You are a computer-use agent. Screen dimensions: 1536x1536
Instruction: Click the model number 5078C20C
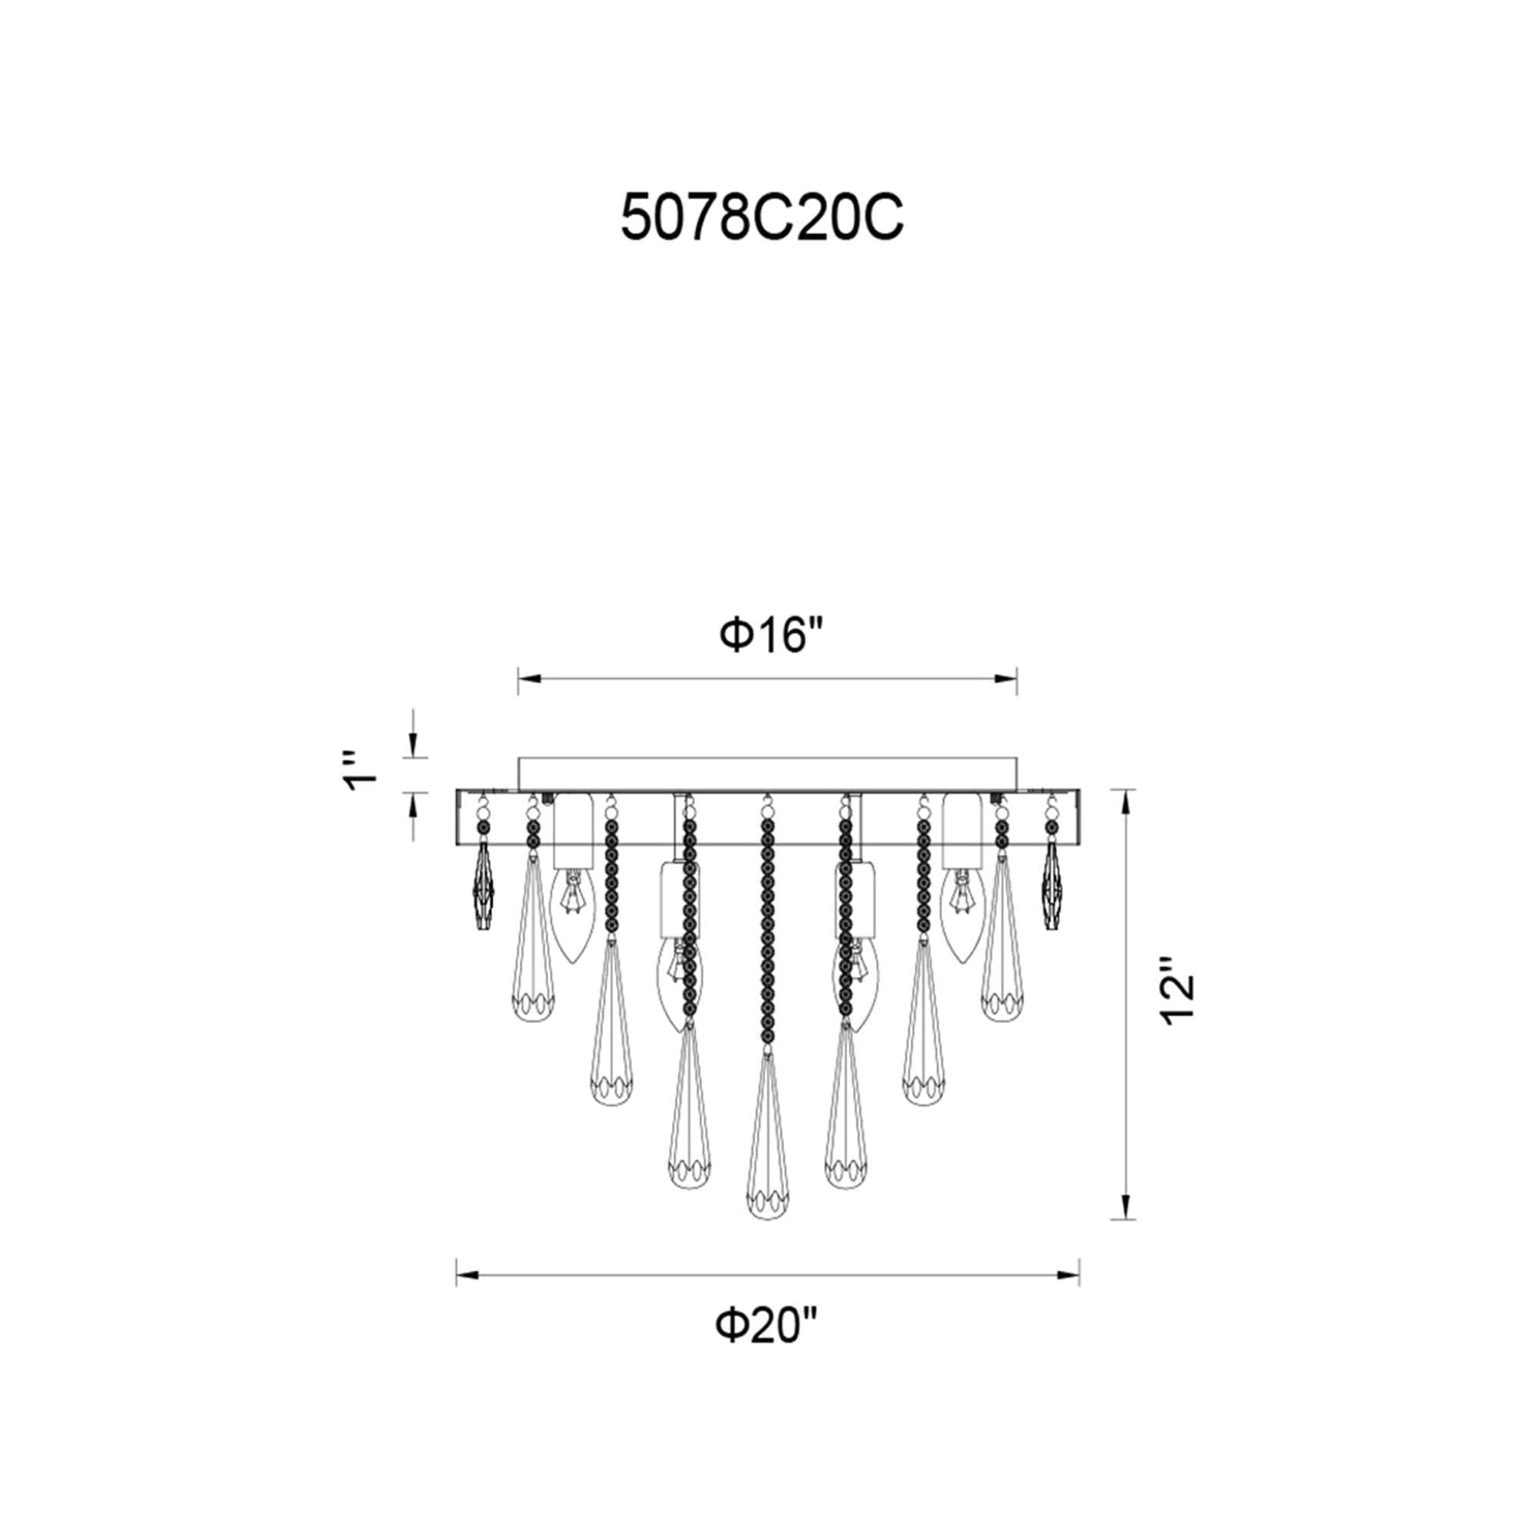[762, 217]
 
